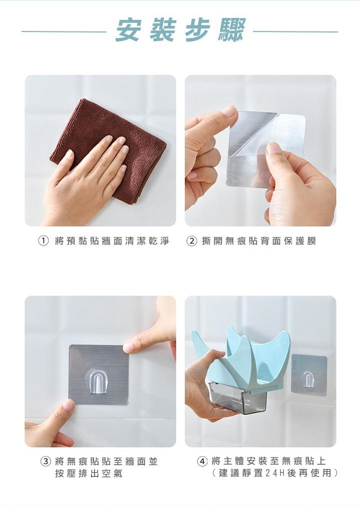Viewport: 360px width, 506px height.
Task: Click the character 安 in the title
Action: tap(127, 30)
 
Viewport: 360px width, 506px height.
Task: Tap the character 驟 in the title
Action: tap(231, 30)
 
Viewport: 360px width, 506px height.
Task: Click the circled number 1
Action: tap(43, 240)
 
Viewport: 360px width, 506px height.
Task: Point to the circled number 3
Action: tap(45, 461)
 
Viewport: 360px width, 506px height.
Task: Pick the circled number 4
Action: tap(202, 461)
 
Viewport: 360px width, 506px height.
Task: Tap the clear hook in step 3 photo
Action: tap(97, 382)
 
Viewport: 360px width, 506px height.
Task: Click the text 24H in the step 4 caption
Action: tap(274, 473)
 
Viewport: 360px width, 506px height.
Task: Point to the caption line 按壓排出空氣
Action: tap(88, 473)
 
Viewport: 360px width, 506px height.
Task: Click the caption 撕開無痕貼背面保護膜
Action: tap(259, 240)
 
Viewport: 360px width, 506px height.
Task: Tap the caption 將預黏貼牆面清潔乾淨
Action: tap(112, 240)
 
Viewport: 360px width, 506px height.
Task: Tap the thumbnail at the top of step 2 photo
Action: tap(229, 110)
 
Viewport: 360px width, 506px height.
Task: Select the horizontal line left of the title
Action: tap(64, 31)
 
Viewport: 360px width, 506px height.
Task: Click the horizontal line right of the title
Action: tap(296, 31)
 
